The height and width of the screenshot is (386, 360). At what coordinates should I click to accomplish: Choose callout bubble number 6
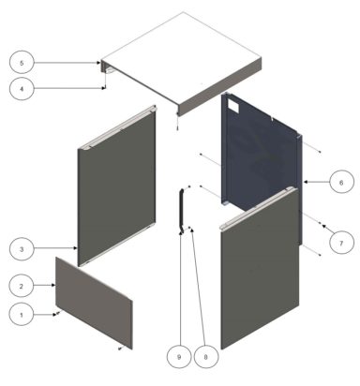(340, 182)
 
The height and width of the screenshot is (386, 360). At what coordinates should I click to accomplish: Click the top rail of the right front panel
(259, 209)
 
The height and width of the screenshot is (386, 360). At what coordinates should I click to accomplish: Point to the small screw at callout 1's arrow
(55, 315)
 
